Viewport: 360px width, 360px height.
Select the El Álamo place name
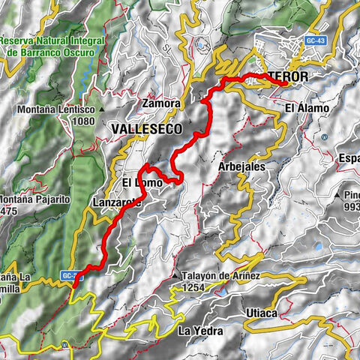[307, 109]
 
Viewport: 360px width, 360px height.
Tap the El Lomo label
[139, 181]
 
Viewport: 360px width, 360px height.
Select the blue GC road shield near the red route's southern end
[70, 276]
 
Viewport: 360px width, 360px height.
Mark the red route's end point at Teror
[283, 83]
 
